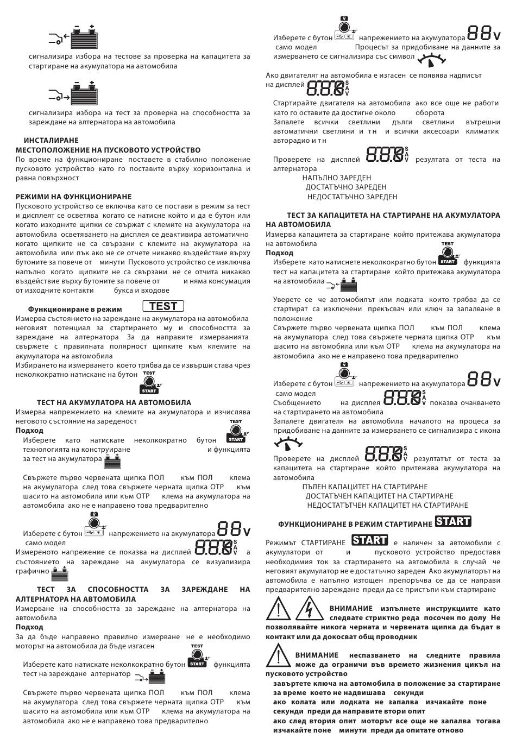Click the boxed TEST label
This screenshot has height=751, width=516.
[x=163, y=306]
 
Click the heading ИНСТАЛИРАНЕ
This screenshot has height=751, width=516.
[x=47, y=140]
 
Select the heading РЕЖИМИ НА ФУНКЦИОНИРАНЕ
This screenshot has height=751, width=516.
[x=73, y=197]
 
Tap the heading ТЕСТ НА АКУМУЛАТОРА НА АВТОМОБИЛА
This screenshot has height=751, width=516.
[x=114, y=402]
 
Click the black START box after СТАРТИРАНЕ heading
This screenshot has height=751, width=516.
[x=453, y=522]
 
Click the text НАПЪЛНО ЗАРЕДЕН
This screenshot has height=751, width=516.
[x=337, y=178]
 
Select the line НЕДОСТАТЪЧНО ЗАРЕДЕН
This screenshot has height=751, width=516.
[x=352, y=197]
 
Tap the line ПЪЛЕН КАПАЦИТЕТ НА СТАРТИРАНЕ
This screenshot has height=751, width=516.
[x=365, y=487]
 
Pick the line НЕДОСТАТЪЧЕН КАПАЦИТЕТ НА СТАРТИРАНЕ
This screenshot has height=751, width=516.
[x=387, y=505]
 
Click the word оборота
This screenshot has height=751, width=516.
[x=430, y=112]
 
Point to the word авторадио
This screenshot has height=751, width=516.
[x=290, y=141]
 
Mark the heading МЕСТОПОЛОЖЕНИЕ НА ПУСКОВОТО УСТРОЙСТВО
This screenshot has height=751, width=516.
[x=108, y=150]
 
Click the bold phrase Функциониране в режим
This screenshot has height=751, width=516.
[x=75, y=309]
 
